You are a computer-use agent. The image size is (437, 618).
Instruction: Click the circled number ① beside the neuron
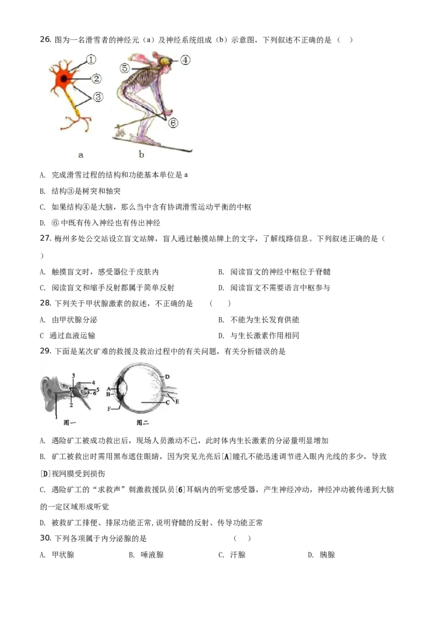(x=91, y=59)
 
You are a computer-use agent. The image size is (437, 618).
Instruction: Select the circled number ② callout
(x=97, y=79)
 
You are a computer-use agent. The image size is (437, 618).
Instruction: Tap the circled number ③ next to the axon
(x=97, y=97)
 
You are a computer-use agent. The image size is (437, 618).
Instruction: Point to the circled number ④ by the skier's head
(x=185, y=60)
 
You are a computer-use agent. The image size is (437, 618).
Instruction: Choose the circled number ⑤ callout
(x=125, y=69)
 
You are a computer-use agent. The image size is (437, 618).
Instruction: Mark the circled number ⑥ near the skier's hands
(x=173, y=123)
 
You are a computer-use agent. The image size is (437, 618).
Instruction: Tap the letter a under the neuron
(x=81, y=155)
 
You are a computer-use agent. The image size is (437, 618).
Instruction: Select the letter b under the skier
(x=141, y=154)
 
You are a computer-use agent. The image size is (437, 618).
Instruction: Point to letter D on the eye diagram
(x=167, y=377)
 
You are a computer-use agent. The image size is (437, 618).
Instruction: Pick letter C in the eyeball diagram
(x=167, y=403)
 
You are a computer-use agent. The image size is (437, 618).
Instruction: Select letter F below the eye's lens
(x=109, y=408)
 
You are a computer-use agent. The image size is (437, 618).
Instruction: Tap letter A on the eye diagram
(x=108, y=388)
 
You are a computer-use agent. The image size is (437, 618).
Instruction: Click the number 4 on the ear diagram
(x=93, y=383)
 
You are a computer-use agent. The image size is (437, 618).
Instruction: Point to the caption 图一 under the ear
(x=69, y=423)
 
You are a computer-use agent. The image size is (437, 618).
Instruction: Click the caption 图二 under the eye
(x=143, y=423)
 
